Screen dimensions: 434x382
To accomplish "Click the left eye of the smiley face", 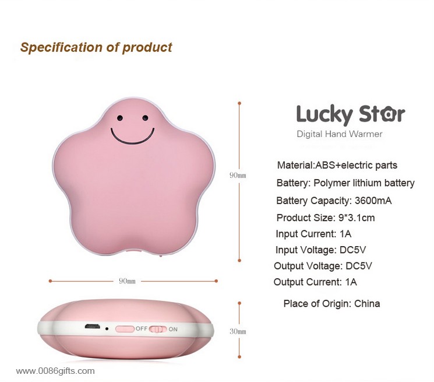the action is point(120,118).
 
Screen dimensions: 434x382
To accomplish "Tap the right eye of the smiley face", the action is point(145,118).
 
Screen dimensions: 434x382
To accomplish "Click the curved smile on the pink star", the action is point(132,137).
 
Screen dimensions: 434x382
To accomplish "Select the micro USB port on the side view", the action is point(92,327).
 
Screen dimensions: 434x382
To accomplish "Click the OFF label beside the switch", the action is point(141,328).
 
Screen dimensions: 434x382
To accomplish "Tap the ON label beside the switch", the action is point(173,329).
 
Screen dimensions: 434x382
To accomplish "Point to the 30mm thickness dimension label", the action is point(238,331).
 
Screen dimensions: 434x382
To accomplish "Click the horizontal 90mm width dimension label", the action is point(127,281).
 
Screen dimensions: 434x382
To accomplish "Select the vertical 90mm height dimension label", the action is point(238,175).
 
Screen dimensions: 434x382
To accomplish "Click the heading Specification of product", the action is point(96,47).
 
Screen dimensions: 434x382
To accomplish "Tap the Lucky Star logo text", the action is point(351,114).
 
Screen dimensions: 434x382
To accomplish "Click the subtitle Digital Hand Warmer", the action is point(340,134).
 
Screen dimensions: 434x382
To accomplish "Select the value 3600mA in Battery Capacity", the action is point(373,201).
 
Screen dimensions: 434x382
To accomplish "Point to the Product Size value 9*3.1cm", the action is point(357,218).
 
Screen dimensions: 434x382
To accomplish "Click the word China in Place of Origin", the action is point(367,304).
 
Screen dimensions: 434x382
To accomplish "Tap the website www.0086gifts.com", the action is point(55,371).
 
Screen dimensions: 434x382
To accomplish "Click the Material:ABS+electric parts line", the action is point(337,165).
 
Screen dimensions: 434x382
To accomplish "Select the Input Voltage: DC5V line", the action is point(320,250).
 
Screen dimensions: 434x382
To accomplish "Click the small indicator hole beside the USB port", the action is point(107,329).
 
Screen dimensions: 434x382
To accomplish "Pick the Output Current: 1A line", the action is point(315,282).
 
